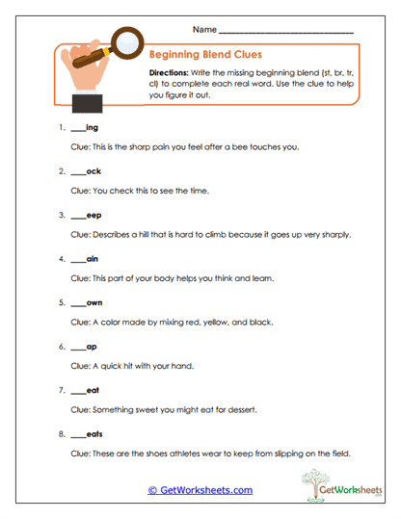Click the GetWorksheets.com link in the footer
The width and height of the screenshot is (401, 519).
click(x=200, y=490)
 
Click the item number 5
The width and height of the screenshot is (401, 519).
click(x=61, y=303)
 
